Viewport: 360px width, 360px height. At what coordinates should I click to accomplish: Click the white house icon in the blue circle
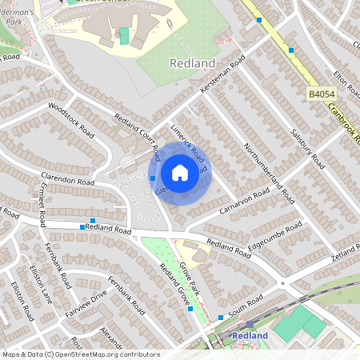coord(180,173)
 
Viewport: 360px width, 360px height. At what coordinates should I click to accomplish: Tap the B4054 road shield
coord(321,94)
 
